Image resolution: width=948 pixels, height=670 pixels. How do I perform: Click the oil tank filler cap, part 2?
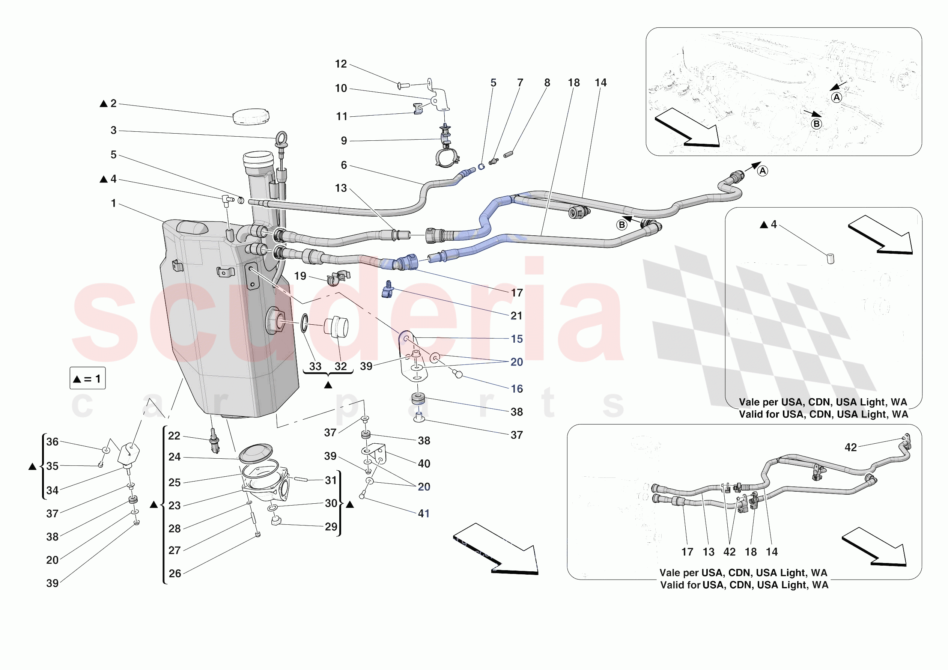(251, 116)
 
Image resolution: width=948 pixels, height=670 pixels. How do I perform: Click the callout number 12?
(341, 64)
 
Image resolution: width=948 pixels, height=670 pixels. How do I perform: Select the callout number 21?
(516, 316)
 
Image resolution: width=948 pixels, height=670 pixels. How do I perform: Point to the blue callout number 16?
(516, 389)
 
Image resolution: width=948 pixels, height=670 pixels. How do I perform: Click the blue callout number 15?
(516, 339)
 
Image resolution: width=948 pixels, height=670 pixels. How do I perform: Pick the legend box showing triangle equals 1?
(87, 378)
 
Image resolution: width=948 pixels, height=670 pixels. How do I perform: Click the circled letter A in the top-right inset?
(836, 98)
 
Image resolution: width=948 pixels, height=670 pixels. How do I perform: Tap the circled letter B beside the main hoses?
(621, 225)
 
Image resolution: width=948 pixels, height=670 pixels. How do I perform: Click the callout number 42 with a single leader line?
(850, 447)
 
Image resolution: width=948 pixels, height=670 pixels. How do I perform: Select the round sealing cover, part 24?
(256, 453)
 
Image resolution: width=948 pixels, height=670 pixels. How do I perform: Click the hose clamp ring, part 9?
(447, 158)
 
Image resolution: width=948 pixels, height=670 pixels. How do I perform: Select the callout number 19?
(300, 276)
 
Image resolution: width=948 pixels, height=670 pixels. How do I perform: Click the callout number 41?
(424, 513)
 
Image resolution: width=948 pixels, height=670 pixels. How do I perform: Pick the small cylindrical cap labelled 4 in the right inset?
(830, 259)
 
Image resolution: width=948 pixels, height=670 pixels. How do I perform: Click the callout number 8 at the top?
(547, 83)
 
